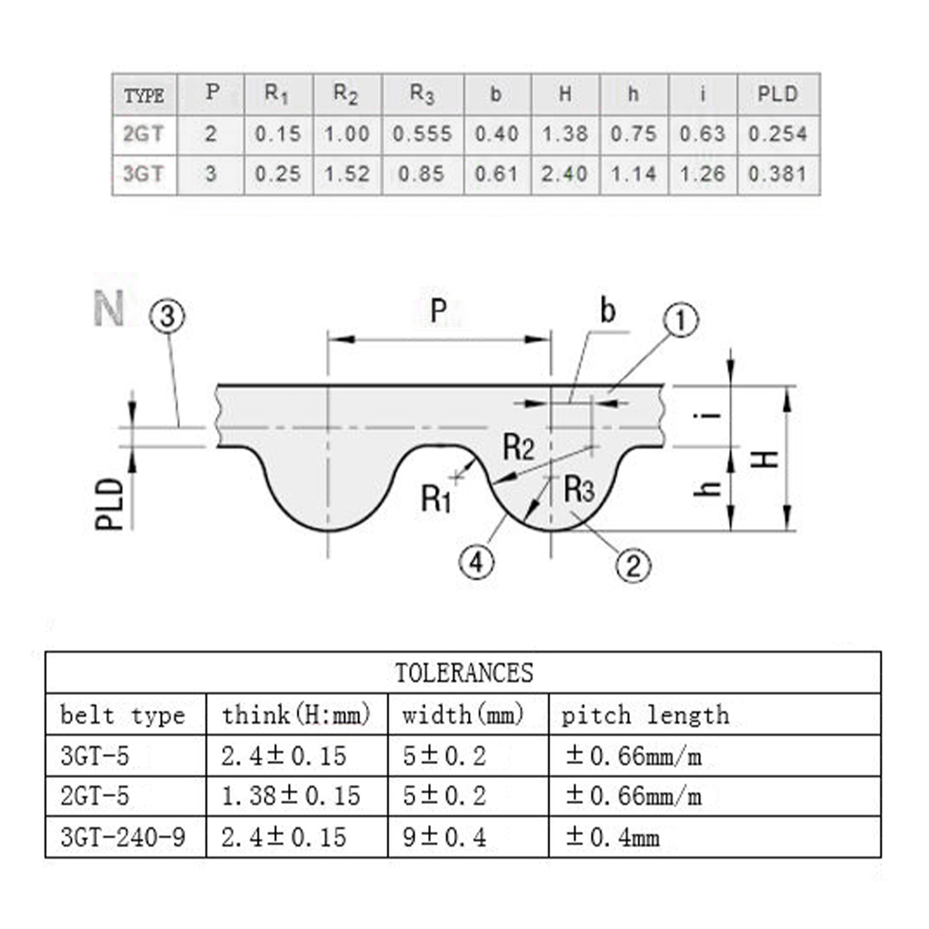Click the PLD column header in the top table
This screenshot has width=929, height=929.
[x=778, y=94]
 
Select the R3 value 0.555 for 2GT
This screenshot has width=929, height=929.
[x=422, y=134]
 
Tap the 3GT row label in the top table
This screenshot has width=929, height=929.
[x=143, y=174]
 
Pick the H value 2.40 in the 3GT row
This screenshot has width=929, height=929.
[x=564, y=174]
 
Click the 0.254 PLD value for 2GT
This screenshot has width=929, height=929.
[x=778, y=134]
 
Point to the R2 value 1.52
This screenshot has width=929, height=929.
[x=347, y=174]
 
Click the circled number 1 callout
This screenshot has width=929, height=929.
[x=681, y=320]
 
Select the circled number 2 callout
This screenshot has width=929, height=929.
[x=633, y=565]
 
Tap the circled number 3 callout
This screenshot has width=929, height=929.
[x=167, y=316]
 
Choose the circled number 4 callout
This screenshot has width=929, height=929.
[x=476, y=562]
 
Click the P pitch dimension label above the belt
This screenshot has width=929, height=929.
[x=438, y=310]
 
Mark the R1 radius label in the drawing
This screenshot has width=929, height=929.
[x=436, y=499]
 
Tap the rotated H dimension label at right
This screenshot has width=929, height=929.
[x=767, y=459]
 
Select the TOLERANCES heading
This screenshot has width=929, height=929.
[x=463, y=673]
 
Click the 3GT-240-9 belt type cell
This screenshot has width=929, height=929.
[x=123, y=837]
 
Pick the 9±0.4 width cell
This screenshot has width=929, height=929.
[x=444, y=837]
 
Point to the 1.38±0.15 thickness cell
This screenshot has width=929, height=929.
[x=290, y=796]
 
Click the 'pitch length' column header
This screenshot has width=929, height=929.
[x=645, y=715]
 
